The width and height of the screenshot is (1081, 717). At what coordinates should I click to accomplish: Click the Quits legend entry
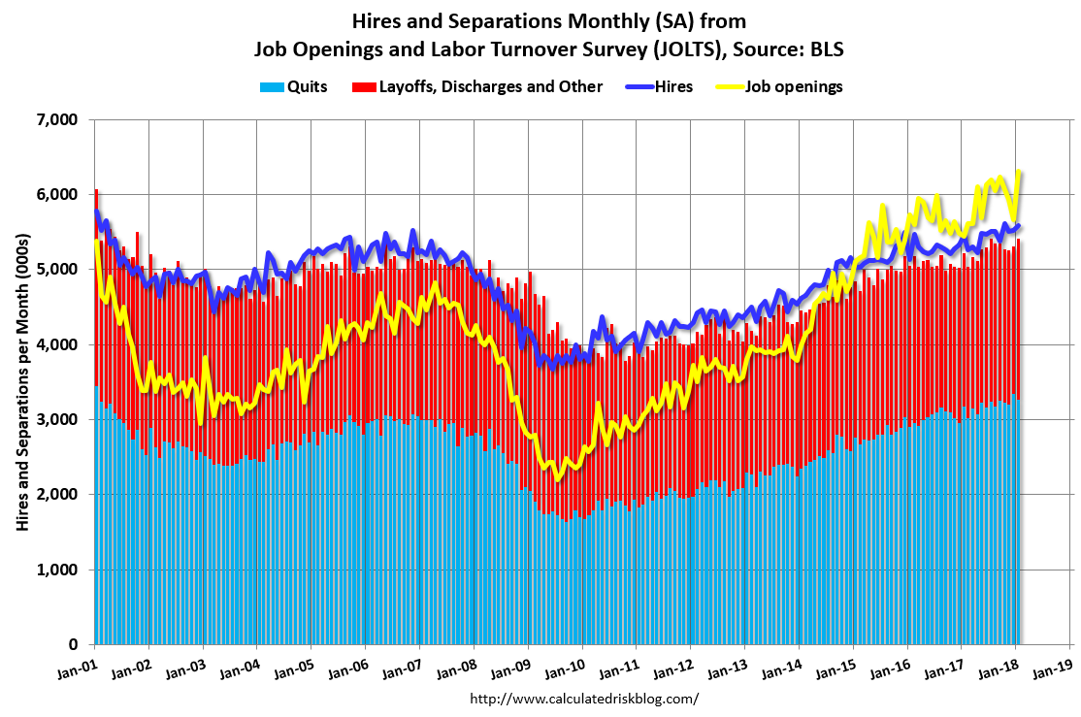coord(294,86)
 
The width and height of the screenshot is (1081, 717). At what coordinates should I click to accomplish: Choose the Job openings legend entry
coord(782,86)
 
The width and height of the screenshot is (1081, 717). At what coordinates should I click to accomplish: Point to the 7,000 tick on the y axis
coord(57,119)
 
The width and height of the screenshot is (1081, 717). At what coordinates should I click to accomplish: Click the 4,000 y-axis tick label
coord(57,344)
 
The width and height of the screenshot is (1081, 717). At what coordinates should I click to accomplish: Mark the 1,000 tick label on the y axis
coord(57,570)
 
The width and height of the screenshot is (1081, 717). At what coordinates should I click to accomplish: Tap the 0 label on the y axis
coord(74,644)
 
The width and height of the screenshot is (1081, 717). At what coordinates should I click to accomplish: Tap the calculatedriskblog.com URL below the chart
coord(583,698)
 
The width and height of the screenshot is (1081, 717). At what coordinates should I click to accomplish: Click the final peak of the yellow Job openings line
coord(1019,172)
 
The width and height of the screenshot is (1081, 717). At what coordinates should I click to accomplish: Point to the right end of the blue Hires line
coord(1019,226)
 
